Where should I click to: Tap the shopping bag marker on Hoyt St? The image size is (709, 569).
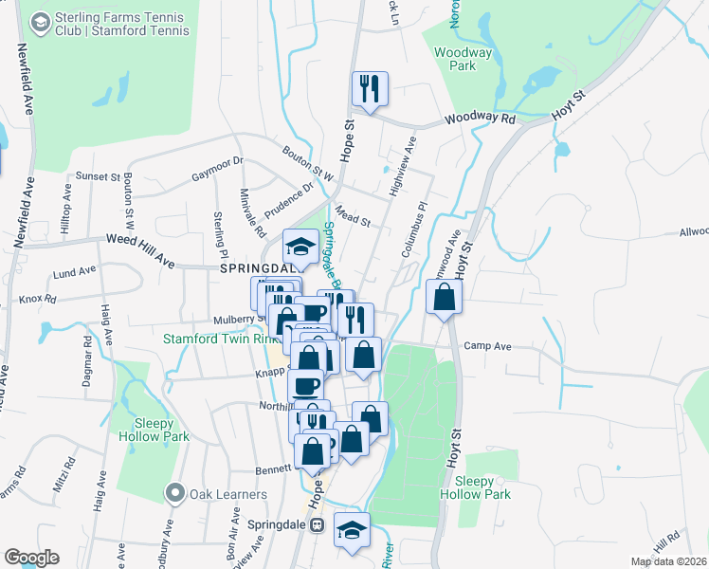pyautogui.click(x=445, y=299)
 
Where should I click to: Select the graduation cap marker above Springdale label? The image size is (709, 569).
pyautogui.click(x=301, y=247)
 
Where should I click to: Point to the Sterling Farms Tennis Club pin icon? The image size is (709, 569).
pyautogui.click(x=41, y=21)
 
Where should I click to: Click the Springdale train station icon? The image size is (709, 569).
pyautogui.click(x=318, y=523)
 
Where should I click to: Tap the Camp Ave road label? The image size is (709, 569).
pyautogui.click(x=487, y=347)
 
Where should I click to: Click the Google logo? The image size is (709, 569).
pyautogui.click(x=30, y=558)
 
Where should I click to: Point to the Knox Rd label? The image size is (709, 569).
pyautogui.click(x=38, y=299)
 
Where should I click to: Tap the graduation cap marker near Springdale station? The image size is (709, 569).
pyautogui.click(x=352, y=530)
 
